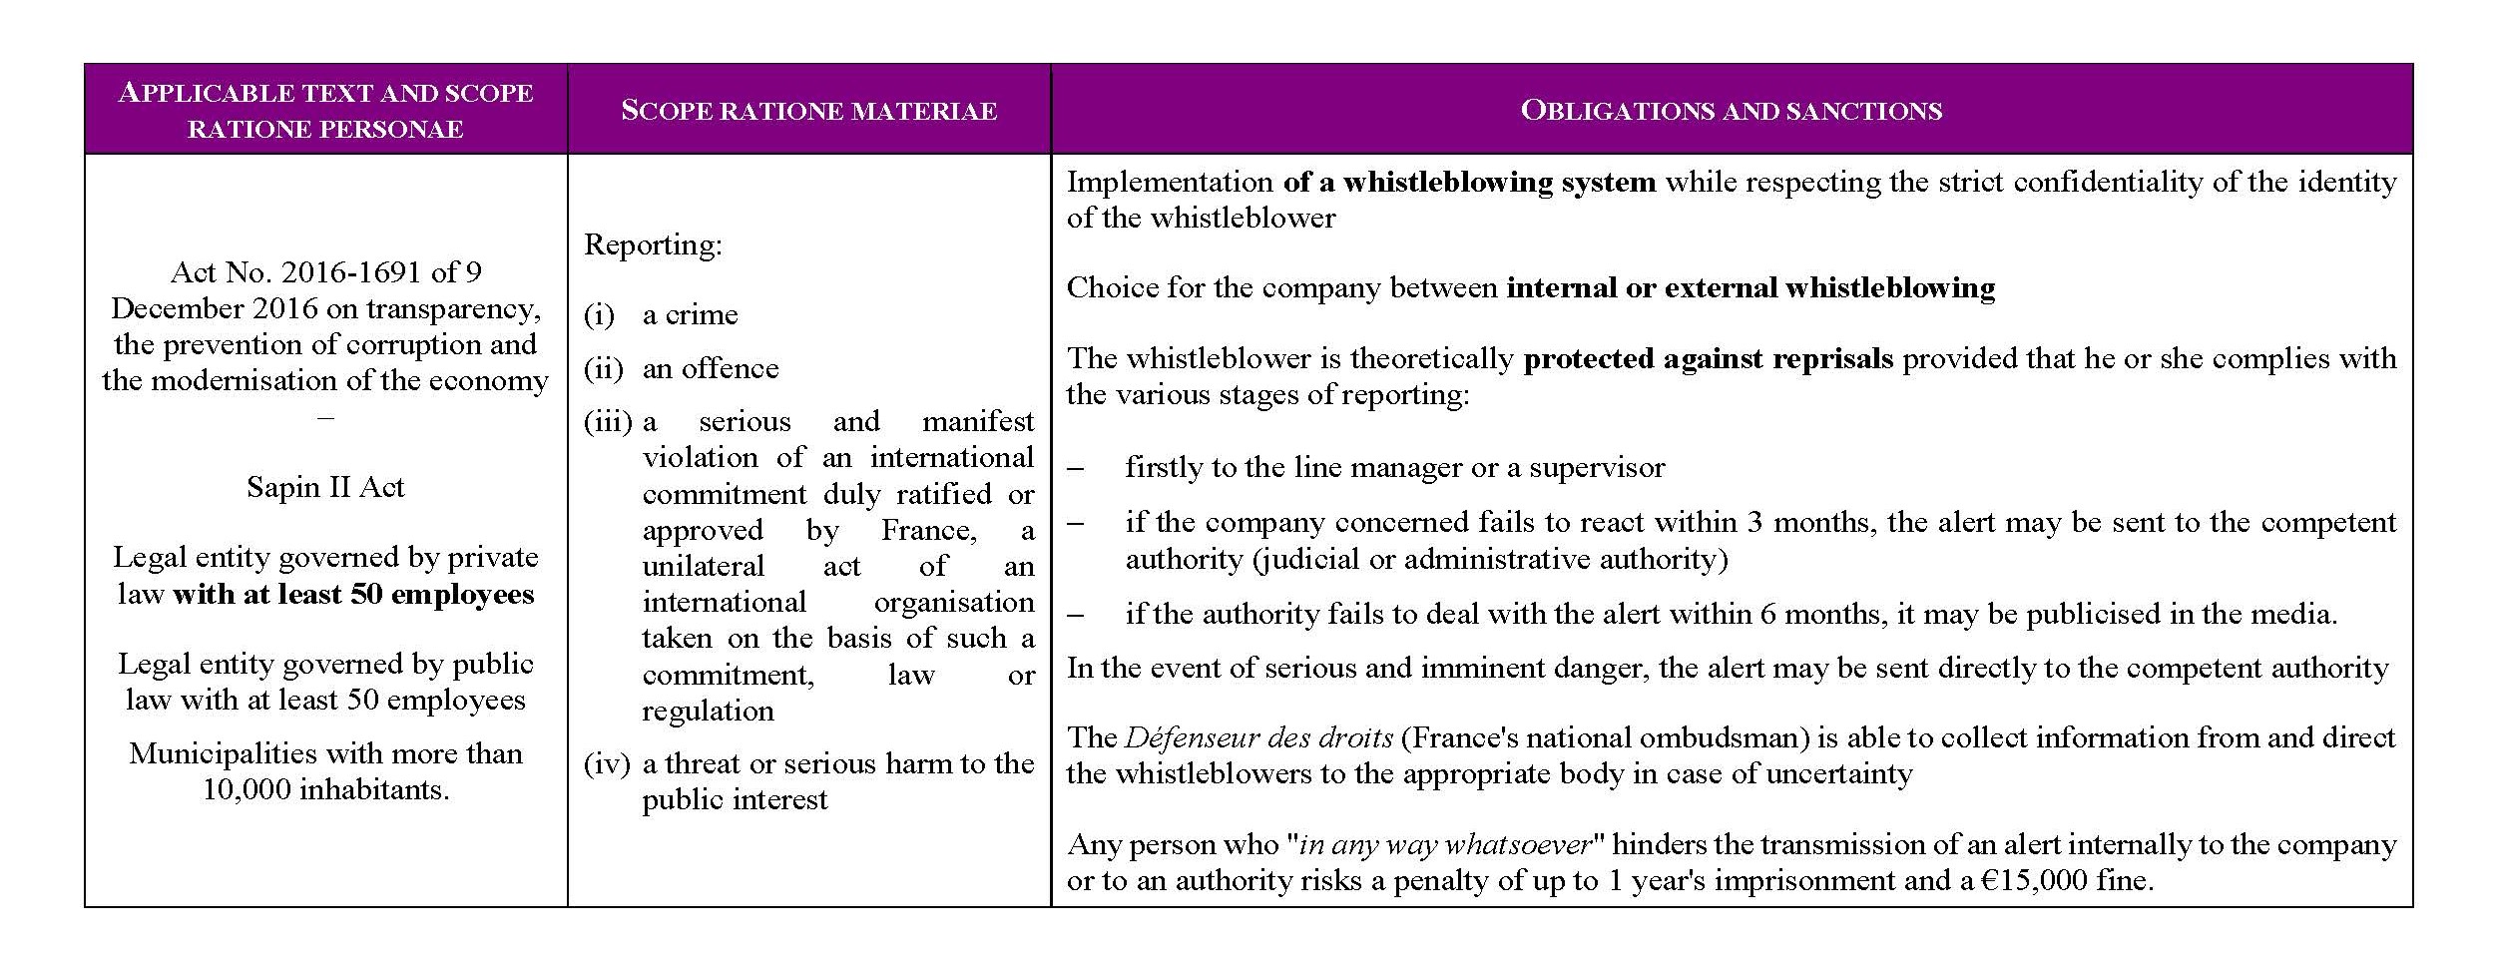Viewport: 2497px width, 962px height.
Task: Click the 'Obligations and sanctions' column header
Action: pos(1731,110)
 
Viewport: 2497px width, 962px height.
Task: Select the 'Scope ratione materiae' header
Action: pos(808,110)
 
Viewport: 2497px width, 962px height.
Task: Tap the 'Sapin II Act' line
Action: pos(325,487)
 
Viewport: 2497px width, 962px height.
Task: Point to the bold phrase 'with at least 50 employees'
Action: pos(353,595)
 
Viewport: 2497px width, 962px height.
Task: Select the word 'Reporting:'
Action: pos(653,244)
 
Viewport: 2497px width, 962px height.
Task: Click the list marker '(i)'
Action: pos(599,315)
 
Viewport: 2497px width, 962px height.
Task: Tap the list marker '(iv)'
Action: pos(607,764)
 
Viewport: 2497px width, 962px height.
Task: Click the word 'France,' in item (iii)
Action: pos(928,530)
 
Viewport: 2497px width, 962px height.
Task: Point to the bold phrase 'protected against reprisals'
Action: pos(1708,358)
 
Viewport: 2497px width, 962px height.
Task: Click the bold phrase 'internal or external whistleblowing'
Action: pos(1750,287)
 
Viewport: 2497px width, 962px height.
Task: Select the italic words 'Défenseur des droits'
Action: pos(1257,737)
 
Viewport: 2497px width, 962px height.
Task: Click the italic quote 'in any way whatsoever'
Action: pos(1444,844)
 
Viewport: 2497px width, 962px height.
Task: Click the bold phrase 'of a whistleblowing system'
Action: pos(1469,182)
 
